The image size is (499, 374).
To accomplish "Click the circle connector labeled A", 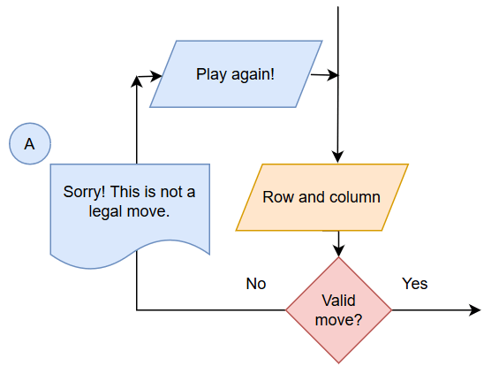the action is [x=30, y=143].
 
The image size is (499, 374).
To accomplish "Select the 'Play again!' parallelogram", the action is [x=236, y=74].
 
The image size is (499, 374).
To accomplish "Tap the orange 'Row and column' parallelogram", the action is [x=321, y=197].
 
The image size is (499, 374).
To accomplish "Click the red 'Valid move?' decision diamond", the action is [x=338, y=310].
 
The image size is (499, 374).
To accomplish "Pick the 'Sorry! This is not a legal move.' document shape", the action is [x=130, y=210].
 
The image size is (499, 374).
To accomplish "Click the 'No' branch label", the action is [x=256, y=284].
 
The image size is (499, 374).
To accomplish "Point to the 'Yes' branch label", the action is [x=414, y=284].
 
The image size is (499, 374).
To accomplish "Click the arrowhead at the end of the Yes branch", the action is [x=475, y=310].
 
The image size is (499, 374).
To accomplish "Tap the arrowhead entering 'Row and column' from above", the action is [x=337, y=157].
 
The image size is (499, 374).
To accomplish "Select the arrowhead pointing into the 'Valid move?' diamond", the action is [x=338, y=251].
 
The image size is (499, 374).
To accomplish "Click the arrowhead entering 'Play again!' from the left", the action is [x=156, y=76].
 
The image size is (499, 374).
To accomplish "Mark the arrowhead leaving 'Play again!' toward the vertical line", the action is [x=333, y=75].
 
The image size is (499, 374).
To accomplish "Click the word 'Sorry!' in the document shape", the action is [x=84, y=192].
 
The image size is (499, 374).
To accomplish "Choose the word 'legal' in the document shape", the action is [x=105, y=211].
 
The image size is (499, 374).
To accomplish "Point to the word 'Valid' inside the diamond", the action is [x=338, y=301].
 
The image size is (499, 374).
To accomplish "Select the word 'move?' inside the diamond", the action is [x=338, y=320].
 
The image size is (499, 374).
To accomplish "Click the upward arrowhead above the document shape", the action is [x=137, y=81].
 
